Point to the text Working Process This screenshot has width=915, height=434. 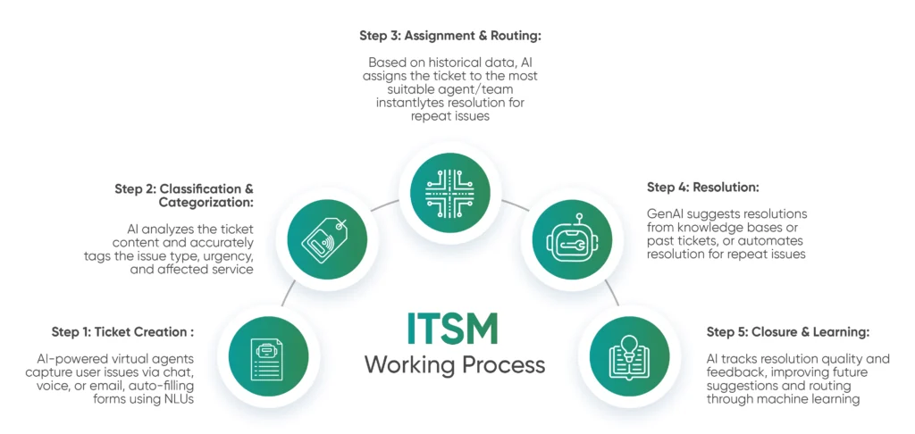click(x=454, y=364)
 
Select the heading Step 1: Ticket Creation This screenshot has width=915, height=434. click(x=123, y=332)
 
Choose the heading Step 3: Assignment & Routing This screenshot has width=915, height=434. click(x=450, y=36)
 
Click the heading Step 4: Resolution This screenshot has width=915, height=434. click(x=702, y=188)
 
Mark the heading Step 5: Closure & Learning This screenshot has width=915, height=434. click(x=788, y=332)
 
